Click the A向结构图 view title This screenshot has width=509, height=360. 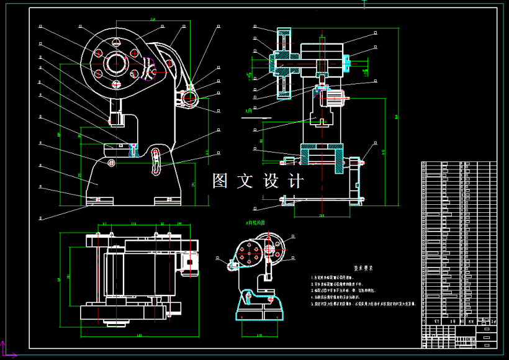tap(255, 222)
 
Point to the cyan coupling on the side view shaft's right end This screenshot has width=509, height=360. tap(346, 61)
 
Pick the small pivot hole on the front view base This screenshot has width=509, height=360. tap(111, 163)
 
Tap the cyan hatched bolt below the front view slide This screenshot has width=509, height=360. tap(133, 148)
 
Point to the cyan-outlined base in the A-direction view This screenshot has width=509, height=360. tap(258, 310)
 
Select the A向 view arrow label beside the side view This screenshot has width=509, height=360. tap(249, 110)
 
